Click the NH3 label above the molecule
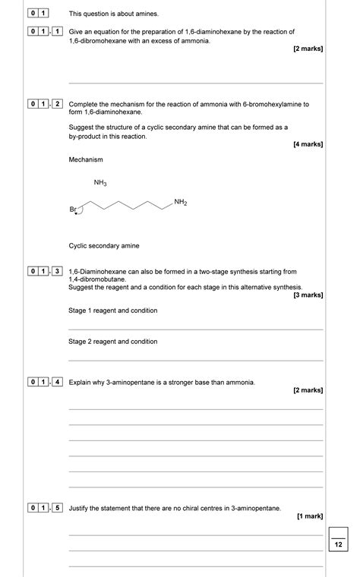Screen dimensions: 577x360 click(100, 183)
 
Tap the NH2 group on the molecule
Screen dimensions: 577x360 click(181, 202)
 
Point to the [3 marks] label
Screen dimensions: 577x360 click(308, 295)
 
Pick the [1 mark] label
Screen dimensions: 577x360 click(310, 516)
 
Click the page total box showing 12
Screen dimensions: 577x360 click(339, 544)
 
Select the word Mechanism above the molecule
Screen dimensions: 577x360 click(86, 159)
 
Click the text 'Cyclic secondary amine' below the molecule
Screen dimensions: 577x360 click(104, 245)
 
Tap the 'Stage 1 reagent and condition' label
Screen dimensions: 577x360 click(113, 311)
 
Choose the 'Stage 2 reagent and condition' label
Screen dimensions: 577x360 click(113, 342)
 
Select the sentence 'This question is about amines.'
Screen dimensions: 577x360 click(114, 14)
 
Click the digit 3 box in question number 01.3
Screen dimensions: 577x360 click(57, 271)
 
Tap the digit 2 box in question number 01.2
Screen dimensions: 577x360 click(57, 104)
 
